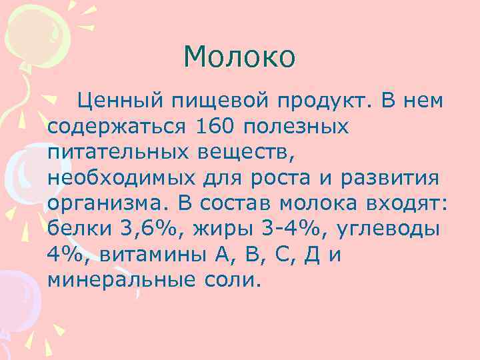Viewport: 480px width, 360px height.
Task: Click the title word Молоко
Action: [x=239, y=57]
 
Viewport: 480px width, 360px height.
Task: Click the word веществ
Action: [x=247, y=152]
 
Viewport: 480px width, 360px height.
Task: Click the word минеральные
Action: [x=119, y=279]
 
